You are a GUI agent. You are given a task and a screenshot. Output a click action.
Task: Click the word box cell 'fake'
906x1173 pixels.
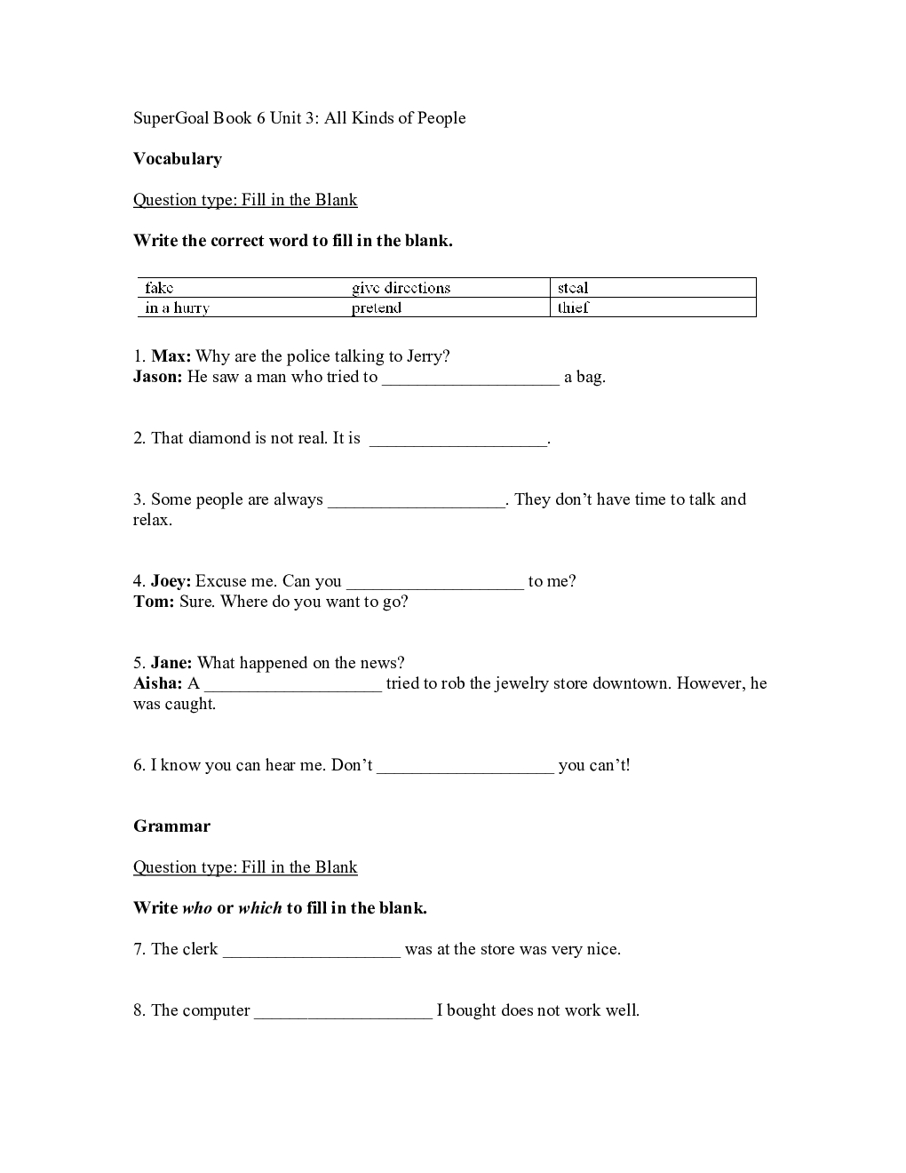click(x=160, y=288)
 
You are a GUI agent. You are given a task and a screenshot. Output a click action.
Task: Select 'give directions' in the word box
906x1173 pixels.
click(x=401, y=288)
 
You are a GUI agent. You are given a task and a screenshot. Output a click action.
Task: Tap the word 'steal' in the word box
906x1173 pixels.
click(x=573, y=288)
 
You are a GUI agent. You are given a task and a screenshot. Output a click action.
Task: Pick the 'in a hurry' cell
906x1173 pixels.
click(x=178, y=308)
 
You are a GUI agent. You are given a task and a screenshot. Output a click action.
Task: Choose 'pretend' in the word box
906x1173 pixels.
click(x=377, y=308)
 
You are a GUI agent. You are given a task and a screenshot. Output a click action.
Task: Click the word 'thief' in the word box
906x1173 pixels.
click(x=573, y=308)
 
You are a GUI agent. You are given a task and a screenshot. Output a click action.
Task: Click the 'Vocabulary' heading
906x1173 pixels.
click(x=178, y=159)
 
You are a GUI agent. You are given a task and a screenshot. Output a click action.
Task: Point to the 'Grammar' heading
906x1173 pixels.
click(x=171, y=826)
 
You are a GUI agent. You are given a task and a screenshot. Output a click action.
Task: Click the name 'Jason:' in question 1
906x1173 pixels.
click(x=158, y=377)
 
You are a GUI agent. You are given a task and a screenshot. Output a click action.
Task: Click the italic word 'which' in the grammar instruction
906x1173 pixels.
click(x=259, y=908)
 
